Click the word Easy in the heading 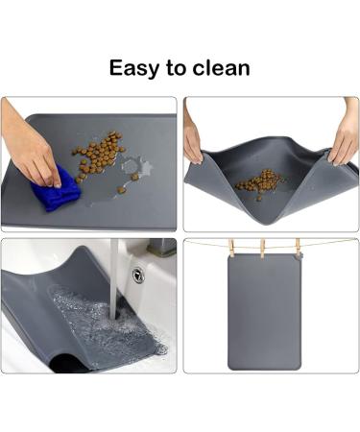133,68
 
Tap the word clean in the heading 220,68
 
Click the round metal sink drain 138,276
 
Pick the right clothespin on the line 298,249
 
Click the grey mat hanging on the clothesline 266,312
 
